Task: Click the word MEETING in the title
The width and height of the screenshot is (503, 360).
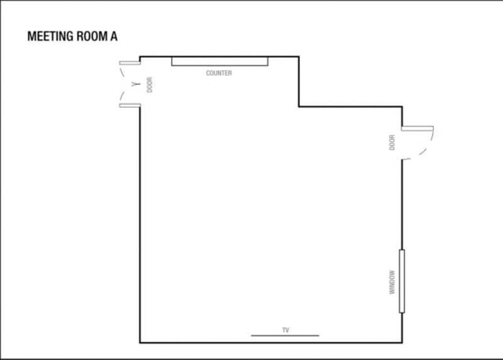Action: (50, 37)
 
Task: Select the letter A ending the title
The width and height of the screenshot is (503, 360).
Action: (114, 37)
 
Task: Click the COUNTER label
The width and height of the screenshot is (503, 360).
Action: (219, 73)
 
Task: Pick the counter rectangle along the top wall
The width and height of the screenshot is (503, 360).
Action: (219, 61)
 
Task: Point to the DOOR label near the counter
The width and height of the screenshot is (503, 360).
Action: (150, 85)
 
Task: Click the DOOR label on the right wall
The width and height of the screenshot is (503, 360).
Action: (392, 142)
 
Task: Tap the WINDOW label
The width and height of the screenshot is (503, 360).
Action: (392, 283)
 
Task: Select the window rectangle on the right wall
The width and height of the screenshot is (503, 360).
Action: (402, 281)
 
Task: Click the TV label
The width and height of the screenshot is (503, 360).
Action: (285, 330)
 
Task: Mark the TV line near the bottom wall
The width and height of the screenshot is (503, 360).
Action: (285, 335)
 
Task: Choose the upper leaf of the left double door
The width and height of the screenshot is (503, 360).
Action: (130, 63)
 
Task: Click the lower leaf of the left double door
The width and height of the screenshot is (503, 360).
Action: (130, 106)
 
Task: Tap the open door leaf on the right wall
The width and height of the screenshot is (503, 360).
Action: (417, 128)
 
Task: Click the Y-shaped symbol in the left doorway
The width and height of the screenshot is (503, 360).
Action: (136, 84)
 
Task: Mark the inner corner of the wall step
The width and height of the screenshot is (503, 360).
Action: (299, 106)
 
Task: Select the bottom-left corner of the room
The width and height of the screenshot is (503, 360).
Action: (140, 342)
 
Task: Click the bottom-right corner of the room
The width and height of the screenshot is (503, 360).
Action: (402, 342)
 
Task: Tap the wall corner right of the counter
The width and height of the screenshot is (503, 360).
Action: (299, 57)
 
